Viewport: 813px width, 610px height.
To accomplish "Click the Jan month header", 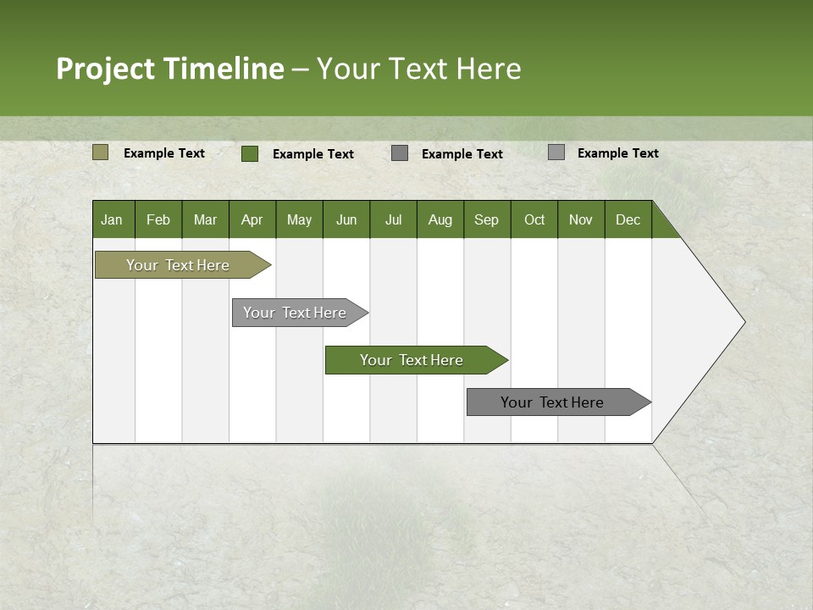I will tap(113, 219).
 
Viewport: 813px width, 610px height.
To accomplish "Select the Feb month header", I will tap(158, 219).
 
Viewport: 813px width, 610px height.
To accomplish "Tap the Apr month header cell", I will tap(252, 219).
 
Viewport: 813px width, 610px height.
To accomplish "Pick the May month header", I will tap(299, 219).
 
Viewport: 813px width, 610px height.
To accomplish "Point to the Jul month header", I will tap(393, 219).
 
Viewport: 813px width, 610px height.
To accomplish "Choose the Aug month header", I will tap(440, 219).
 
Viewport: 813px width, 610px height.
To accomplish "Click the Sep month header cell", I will tap(486, 219).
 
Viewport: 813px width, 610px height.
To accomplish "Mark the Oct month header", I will tap(534, 219).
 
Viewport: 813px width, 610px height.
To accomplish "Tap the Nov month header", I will tap(581, 219).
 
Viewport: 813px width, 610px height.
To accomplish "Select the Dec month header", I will tap(628, 219).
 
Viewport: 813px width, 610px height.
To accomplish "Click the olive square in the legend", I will tap(100, 152).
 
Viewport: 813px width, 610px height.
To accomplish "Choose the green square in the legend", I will tap(250, 153).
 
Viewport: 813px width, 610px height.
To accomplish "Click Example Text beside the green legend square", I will tap(312, 154).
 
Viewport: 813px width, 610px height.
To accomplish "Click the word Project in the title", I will tap(106, 69).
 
